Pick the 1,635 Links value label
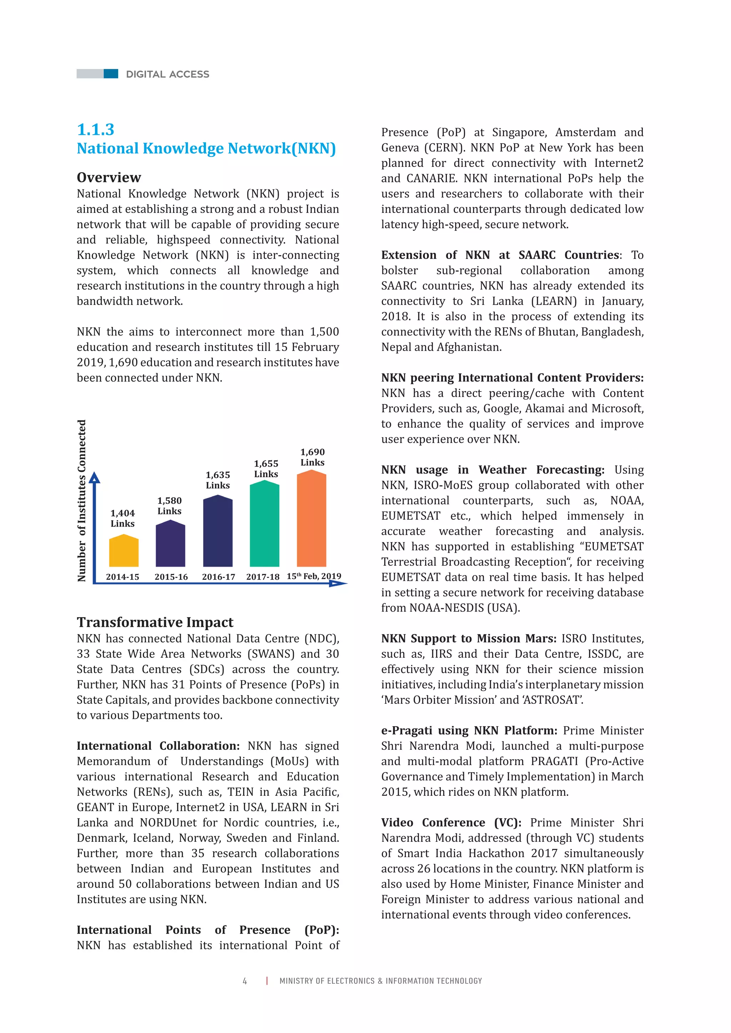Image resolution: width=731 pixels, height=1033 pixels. click(218, 480)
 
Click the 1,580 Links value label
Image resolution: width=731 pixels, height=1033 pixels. click(170, 506)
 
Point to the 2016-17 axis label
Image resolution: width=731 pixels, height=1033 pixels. click(218, 577)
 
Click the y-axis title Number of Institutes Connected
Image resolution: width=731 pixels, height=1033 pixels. click(81, 501)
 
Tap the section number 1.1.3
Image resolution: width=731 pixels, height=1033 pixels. click(95, 129)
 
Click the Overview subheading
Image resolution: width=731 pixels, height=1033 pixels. click(109, 177)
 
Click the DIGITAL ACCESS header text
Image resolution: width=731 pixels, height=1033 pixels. click(167, 74)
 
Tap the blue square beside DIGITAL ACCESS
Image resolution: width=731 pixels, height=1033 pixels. click(111, 74)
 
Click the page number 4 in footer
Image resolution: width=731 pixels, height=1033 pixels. click(245, 981)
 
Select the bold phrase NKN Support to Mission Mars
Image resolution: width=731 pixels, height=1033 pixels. click(468, 638)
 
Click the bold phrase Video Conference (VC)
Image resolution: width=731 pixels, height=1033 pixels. click(451, 823)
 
